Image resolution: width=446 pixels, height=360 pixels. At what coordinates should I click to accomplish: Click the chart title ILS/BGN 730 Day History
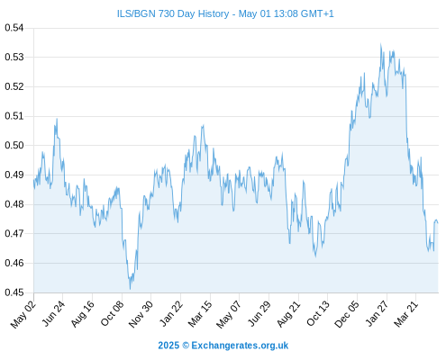point(173,13)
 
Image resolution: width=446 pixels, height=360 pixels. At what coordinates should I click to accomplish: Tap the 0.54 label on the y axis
point(14,28)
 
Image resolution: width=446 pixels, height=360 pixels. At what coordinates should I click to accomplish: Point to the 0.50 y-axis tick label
point(14,146)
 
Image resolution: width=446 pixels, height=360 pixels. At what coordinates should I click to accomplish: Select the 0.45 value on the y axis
point(14,292)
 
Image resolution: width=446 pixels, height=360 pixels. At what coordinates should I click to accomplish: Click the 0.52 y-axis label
point(14,86)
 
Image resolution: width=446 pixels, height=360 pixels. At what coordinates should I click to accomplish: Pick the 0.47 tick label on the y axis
point(14,233)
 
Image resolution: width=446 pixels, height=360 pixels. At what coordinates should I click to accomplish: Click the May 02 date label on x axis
point(23,314)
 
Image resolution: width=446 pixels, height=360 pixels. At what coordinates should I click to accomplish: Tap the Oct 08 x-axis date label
point(112,314)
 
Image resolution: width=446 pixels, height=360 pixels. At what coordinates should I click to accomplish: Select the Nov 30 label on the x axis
point(141,314)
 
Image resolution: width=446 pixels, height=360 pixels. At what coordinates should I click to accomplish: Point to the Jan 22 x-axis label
point(171,313)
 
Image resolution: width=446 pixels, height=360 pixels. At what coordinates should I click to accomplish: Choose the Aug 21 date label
point(288,314)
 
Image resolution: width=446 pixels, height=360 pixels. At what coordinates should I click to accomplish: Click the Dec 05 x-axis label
point(347,314)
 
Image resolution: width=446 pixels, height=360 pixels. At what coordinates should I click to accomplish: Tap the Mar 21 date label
point(406,313)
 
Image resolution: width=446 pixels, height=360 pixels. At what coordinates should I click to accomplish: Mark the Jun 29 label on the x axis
point(259,314)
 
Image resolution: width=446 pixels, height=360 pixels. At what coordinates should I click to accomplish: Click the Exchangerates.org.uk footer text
point(240,346)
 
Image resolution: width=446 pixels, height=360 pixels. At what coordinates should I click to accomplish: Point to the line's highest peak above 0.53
point(381,44)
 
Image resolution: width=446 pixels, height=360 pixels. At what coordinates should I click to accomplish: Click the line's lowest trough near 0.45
point(130,289)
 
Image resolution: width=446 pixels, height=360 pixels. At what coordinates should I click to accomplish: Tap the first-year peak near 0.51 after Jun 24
point(57,119)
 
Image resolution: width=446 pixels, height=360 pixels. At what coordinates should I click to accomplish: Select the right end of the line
point(438,223)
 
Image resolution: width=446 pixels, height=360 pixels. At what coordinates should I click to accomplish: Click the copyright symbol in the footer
point(186,346)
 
